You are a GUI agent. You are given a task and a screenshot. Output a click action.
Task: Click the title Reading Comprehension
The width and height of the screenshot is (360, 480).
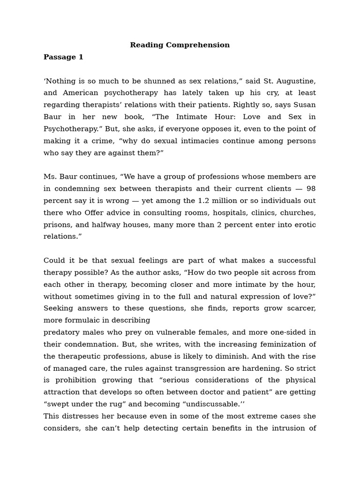coord(180,45)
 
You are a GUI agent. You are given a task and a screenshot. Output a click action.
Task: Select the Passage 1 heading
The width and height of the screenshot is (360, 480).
coord(63,57)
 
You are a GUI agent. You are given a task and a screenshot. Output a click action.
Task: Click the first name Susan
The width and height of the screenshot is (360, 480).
coord(304,105)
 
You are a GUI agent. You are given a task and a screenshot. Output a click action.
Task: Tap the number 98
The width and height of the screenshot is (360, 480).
coord(311,188)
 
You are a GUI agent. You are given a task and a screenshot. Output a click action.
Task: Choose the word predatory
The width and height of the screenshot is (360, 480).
coord(62,332)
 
